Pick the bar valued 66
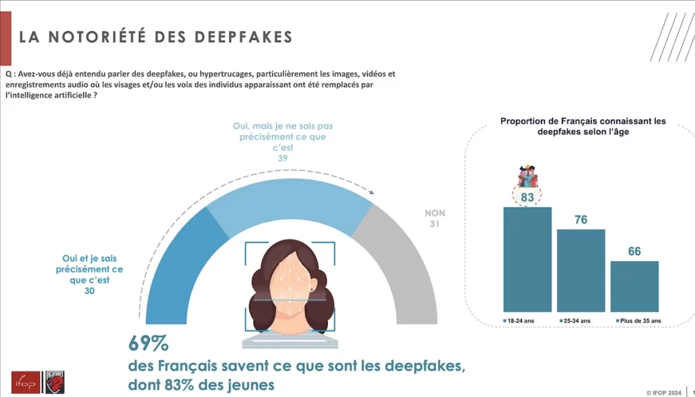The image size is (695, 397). point(635,286)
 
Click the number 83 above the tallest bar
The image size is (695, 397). point(527,197)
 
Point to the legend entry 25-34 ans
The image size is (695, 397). point(574,320)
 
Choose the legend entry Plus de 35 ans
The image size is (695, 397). point(637,320)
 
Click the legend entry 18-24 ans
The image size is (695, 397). point(520,320)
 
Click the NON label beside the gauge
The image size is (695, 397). point(435,213)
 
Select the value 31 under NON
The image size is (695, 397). point(435,224)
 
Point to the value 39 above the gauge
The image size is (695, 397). point(282,158)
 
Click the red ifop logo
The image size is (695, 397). point(26,382)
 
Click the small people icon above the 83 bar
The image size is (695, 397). point(527,175)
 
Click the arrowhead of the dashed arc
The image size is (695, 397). point(370,191)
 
